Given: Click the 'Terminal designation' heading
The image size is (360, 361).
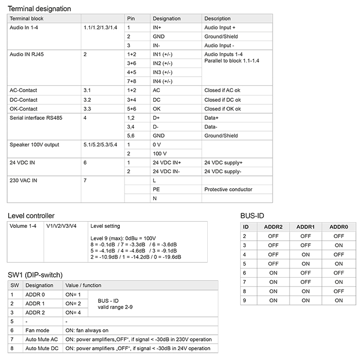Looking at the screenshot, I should point(40,9).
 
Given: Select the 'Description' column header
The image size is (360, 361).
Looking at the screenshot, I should point(218,19).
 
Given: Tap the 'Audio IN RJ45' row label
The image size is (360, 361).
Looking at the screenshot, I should point(27,55).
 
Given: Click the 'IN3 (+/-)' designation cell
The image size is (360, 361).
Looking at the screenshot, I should point(164,73).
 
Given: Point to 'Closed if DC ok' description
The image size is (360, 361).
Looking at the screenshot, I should point(222,100).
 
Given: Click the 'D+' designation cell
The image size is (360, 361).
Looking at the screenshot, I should point(156,118).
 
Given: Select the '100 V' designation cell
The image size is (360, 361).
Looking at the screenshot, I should point(159,154).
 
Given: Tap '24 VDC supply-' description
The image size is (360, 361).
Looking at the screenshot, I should point(223,172).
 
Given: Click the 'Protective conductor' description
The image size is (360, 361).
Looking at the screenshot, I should point(228,190).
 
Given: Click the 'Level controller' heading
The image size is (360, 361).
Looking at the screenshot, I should point(31,215).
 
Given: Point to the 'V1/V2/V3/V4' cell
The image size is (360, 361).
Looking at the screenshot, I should point(61,226).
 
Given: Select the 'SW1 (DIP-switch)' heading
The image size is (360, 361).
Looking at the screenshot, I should point(35,275).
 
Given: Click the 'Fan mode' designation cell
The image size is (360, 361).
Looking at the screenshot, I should point(37,330).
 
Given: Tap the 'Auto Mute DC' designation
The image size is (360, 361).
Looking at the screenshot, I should point(41,349).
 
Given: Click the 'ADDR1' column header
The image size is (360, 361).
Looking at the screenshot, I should point(305,227).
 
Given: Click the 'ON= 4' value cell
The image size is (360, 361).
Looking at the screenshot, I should point(74,313).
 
